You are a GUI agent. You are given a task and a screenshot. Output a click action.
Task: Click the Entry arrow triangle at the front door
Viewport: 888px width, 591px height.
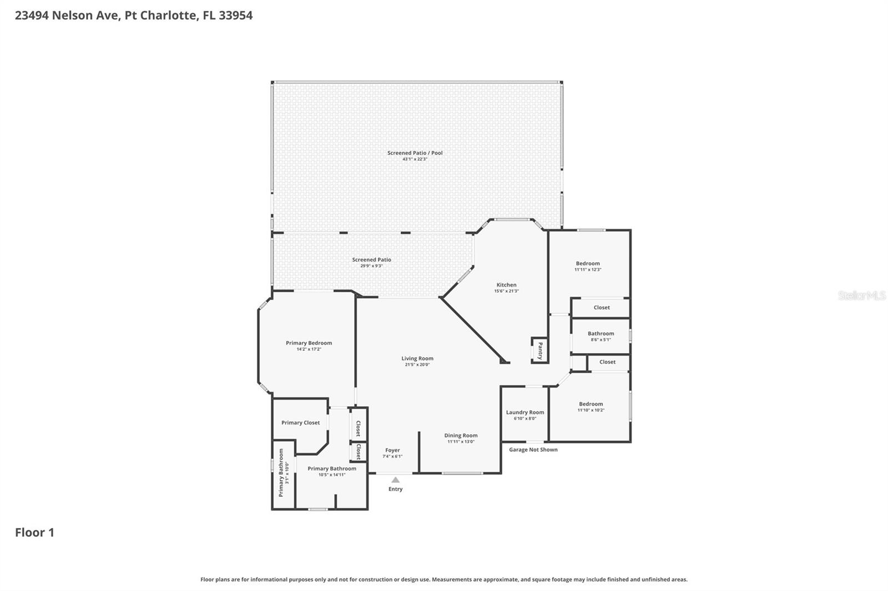pos(395,480)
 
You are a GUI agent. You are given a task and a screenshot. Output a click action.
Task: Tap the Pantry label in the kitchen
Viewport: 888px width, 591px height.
pos(540,350)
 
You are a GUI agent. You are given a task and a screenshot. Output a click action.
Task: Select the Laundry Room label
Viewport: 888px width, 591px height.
pos(525,412)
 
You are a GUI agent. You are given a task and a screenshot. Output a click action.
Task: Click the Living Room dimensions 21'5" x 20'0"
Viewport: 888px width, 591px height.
pos(417,365)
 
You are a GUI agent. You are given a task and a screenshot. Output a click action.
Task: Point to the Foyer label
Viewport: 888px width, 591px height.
pos(392,450)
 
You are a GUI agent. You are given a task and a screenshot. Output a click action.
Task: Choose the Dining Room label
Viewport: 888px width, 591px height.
pos(461,435)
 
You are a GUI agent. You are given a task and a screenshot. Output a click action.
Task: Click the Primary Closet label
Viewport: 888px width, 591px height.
pos(300,422)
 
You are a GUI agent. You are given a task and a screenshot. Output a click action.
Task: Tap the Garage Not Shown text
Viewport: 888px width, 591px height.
pos(533,450)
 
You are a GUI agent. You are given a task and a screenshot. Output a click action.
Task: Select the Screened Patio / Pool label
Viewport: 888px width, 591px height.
pos(415,153)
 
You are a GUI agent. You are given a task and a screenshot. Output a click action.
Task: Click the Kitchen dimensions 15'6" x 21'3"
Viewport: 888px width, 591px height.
pos(506,291)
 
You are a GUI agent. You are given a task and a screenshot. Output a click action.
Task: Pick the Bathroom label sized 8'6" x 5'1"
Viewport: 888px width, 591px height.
pos(601,334)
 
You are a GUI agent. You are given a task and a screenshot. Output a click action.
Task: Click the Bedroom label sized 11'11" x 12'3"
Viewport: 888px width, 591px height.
pos(588,263)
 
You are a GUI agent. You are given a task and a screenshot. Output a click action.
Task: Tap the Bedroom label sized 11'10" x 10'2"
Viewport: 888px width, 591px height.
pos(591,404)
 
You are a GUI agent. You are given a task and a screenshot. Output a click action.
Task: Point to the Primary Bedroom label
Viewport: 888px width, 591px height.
pos(309,343)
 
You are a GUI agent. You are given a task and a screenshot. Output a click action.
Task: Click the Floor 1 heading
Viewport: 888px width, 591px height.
pos(34,532)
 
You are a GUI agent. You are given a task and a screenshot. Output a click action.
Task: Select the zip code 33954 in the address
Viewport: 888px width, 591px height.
pos(235,15)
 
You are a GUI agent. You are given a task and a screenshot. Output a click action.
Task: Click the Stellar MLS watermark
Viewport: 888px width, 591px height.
pos(861,295)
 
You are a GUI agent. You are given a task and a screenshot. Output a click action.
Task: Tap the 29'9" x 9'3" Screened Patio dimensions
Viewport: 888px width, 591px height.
pos(371,266)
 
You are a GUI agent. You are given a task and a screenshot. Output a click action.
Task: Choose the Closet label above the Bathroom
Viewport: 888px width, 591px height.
pos(602,307)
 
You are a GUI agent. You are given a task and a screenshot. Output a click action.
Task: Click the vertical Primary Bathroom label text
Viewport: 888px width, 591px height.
pos(281,472)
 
